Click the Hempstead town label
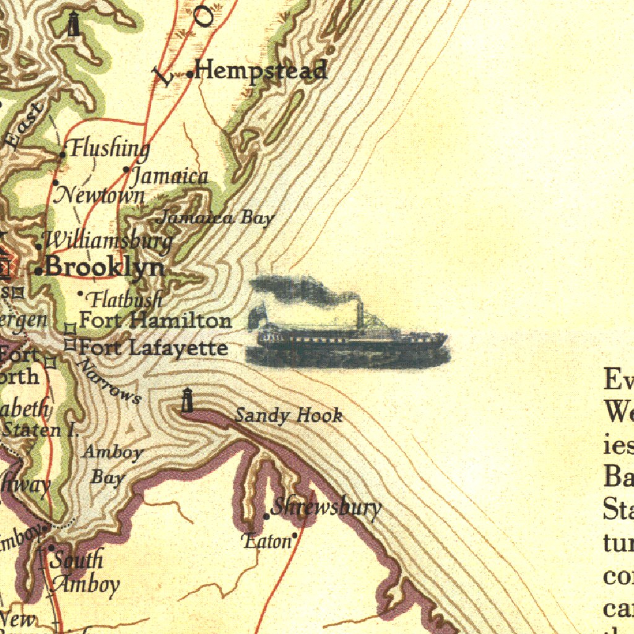[x=260, y=70]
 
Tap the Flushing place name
[x=109, y=149]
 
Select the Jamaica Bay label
[x=217, y=218]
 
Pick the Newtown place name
[x=100, y=195]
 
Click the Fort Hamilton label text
[x=155, y=321]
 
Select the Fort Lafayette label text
[x=153, y=348]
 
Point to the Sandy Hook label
[x=289, y=415]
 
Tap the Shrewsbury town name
[x=326, y=508]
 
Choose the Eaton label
[x=267, y=541]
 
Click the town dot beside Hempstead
[x=189, y=74]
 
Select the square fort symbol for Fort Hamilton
[x=70, y=327]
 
